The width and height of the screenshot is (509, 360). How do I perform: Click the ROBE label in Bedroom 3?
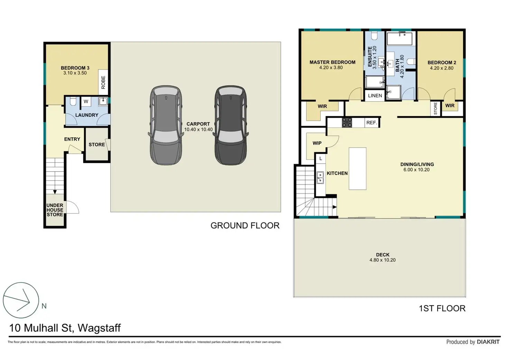click(103, 82)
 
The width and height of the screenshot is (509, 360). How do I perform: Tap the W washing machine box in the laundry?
click(86, 102)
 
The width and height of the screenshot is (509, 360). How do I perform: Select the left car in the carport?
click(166, 125)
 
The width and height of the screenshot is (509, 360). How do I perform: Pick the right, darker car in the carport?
click(231, 125)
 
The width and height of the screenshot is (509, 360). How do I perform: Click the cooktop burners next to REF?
click(347, 123)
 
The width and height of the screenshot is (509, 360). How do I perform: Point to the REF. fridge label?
click(372, 123)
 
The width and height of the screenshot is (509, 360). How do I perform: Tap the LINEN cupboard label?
click(375, 96)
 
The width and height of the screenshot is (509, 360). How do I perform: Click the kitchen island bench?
click(358, 169)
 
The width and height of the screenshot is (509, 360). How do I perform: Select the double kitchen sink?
click(320, 177)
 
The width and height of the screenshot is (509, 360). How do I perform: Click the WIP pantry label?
click(317, 143)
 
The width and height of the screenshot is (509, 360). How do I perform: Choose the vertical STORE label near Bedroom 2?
click(435, 109)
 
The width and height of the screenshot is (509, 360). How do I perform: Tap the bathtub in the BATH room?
click(399, 39)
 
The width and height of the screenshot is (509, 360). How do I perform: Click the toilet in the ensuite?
click(374, 36)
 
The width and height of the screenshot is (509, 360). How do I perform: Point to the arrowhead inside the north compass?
click(29, 302)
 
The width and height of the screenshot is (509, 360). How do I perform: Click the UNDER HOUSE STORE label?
click(55, 210)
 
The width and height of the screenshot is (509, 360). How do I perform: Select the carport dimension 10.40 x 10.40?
click(198, 130)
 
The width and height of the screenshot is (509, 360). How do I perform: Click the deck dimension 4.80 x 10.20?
click(382, 260)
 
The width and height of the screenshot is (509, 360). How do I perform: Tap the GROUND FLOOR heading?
click(245, 225)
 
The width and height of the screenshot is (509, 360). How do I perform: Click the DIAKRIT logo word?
click(488, 342)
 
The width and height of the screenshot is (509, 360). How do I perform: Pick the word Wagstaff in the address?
click(99, 328)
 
